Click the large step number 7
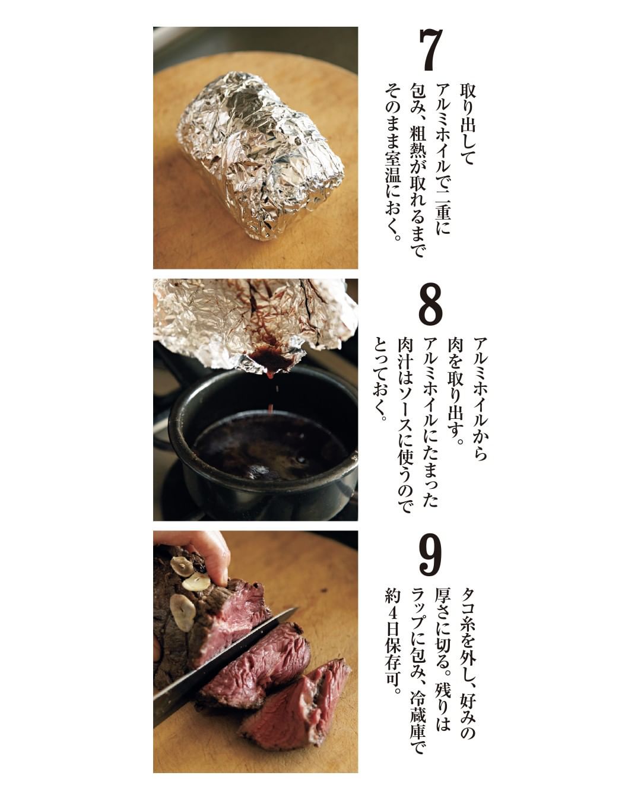(x=431, y=50)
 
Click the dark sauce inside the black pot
(x=271, y=446)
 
